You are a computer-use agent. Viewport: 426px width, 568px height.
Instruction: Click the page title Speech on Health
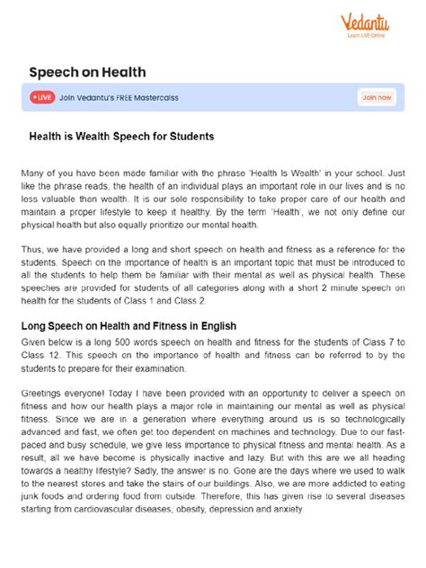click(x=87, y=71)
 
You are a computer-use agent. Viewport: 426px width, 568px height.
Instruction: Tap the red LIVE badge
click(x=41, y=96)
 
